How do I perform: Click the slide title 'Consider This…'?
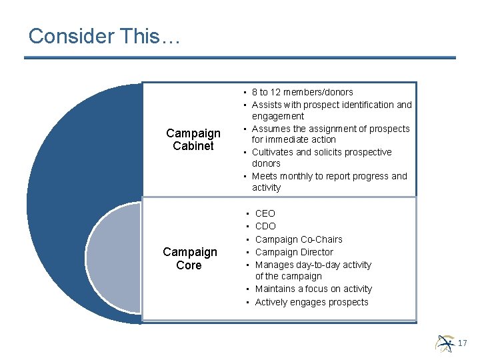coord(105,36)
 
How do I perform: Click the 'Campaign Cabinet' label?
coord(193,139)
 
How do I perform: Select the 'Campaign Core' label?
coord(190,259)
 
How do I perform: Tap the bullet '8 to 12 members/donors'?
coord(302,92)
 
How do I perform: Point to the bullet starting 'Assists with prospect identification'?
coord(331,105)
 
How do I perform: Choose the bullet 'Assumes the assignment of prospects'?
coord(331,129)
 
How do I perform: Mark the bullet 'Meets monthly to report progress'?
coord(329,176)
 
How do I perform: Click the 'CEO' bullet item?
coord(265,213)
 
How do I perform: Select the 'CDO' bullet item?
coord(265,226)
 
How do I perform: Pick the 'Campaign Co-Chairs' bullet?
coord(299,239)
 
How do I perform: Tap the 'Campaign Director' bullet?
coord(294,252)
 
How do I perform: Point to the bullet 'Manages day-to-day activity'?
coord(313,265)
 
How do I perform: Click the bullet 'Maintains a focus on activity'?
coord(313,289)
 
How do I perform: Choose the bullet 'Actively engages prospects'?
coord(311,302)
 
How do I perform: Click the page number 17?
coord(463,343)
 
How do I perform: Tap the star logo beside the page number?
coord(445,343)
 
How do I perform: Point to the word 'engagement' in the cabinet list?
coord(278,116)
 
